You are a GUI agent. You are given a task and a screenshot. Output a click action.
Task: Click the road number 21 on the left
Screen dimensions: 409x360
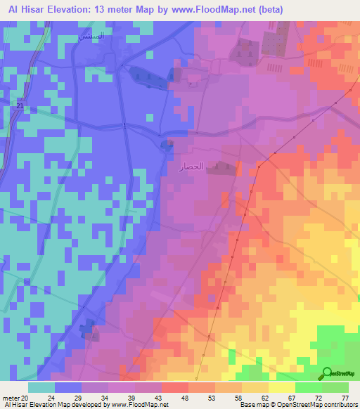click(x=20, y=105)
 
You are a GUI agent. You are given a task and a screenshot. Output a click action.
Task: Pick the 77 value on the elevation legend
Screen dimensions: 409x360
click(x=345, y=398)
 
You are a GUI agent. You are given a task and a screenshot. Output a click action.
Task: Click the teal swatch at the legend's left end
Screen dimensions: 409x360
click(x=41, y=387)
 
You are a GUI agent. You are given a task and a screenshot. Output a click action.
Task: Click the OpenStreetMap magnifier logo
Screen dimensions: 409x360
click(x=327, y=374)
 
